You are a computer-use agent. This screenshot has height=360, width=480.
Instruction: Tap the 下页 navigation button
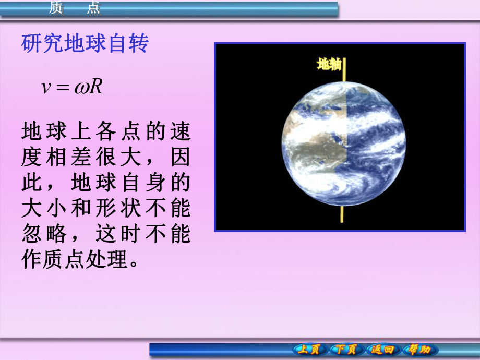point(345,349)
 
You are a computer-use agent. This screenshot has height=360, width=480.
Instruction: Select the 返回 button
point(382,349)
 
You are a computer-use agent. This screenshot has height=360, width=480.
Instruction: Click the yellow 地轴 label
point(329,64)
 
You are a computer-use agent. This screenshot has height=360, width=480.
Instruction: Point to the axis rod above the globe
point(344,70)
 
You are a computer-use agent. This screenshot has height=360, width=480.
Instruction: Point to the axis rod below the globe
point(342,214)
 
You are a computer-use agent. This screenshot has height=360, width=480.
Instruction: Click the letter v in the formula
point(45,88)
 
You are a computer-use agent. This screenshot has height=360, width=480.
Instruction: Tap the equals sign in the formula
point(63,88)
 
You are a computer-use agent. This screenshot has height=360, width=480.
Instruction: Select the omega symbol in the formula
point(81,88)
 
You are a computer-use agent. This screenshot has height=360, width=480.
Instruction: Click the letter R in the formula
point(95,86)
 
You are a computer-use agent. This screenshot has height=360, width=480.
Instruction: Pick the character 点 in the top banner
point(94,8)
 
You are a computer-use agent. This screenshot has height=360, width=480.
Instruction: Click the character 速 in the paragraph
point(181,131)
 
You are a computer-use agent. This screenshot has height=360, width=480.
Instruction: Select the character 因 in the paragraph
point(181,157)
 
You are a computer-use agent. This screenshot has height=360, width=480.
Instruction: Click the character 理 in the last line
point(117,259)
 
